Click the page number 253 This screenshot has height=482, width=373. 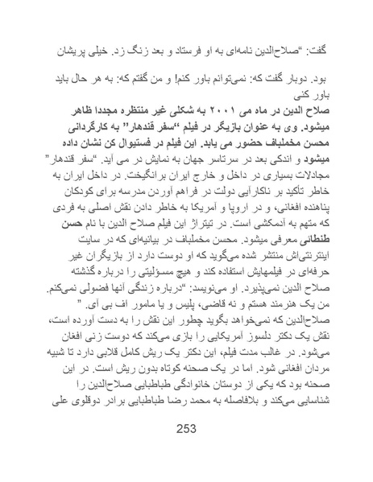pos(186,428)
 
